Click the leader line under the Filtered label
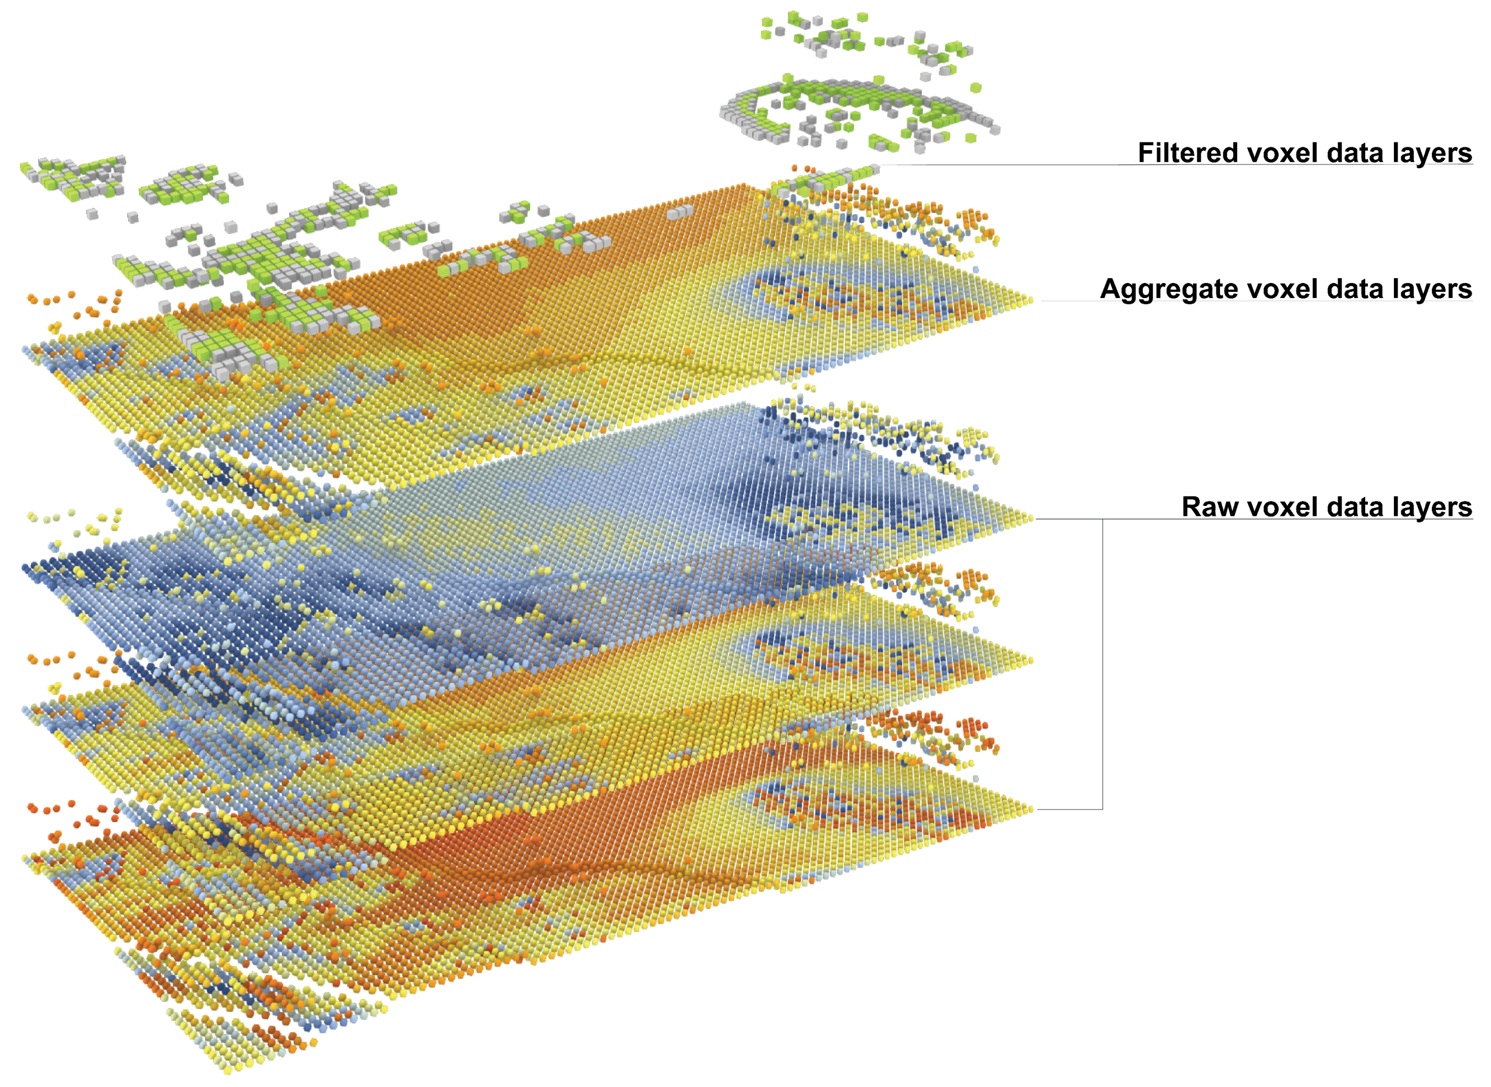tap(1000, 164)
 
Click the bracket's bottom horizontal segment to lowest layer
tap(1069, 809)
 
